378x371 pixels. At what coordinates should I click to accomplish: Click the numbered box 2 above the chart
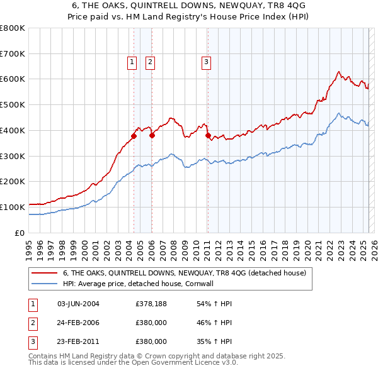click(151, 62)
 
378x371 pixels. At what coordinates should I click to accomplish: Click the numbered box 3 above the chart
click(207, 62)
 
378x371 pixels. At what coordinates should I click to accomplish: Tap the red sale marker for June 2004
click(134, 136)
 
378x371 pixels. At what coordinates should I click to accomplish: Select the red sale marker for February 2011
click(208, 135)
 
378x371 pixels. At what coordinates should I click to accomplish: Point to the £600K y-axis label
click(13, 79)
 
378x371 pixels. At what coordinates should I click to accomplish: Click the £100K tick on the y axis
click(13, 207)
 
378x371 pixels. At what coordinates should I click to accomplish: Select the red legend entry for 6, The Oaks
click(184, 273)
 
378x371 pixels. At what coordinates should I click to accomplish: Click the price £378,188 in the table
click(151, 304)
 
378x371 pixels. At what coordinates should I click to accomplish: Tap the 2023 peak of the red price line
click(339, 72)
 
